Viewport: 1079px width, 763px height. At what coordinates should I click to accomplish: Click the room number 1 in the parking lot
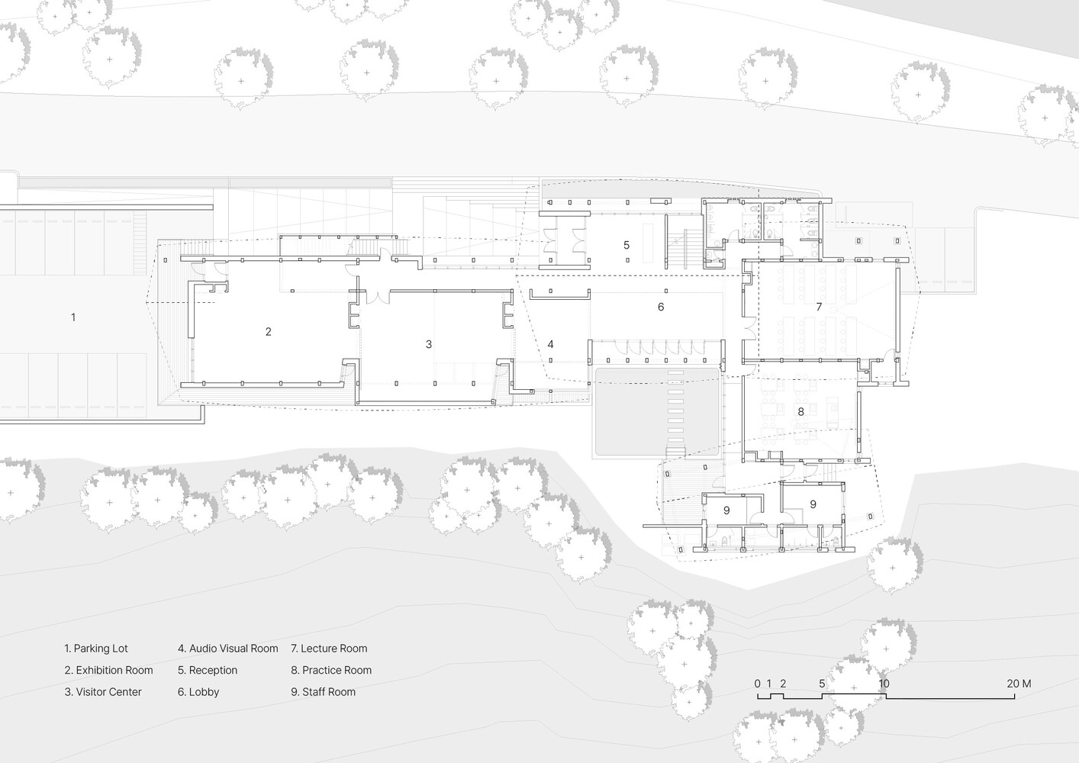(73, 317)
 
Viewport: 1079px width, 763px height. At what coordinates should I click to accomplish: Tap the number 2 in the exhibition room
(269, 332)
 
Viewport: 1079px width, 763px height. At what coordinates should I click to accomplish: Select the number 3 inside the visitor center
(429, 345)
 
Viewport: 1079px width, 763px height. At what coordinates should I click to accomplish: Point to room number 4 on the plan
(550, 344)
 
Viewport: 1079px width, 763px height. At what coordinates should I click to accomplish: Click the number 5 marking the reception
(626, 245)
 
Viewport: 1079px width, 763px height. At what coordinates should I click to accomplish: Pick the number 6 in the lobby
(661, 307)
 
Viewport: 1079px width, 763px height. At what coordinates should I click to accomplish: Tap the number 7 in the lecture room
(819, 307)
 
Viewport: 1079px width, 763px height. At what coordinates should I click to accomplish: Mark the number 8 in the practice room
(800, 412)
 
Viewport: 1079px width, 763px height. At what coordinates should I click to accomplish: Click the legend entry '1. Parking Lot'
(96, 649)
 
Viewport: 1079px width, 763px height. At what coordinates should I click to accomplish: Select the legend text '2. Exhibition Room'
(108, 670)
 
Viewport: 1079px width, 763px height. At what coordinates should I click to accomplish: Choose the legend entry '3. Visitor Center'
(103, 692)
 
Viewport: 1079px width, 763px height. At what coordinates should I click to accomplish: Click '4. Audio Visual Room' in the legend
(228, 649)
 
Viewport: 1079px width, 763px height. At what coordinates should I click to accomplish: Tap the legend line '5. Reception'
(208, 670)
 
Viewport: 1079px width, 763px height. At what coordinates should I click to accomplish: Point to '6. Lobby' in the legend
(198, 692)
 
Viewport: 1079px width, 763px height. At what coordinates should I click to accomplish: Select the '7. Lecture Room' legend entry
(329, 649)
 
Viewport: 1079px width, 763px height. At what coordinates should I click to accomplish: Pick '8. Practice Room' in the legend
(331, 670)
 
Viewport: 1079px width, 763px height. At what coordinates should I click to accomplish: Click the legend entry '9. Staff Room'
(323, 692)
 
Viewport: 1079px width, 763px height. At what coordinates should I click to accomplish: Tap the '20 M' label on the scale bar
(1019, 684)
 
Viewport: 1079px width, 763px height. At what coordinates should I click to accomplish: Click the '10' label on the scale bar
(884, 684)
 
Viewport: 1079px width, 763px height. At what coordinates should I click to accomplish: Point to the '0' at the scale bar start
(757, 684)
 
